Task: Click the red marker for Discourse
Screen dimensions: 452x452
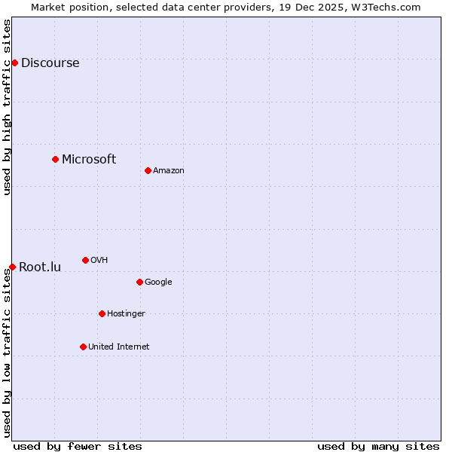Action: pyautogui.click(x=14, y=63)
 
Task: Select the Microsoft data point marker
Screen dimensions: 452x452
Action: pyautogui.click(x=55, y=159)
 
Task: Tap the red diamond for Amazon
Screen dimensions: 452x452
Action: pyautogui.click(x=148, y=170)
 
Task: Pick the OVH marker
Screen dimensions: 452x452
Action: pyautogui.click(x=85, y=260)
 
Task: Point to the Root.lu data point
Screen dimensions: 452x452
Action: pyautogui.click(x=12, y=267)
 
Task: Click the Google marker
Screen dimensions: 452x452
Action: pyautogui.click(x=139, y=282)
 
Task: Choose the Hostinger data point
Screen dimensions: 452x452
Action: pyautogui.click(x=102, y=313)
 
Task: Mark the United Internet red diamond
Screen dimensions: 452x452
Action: pyautogui.click(x=83, y=347)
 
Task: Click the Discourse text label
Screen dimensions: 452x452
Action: pyautogui.click(x=50, y=63)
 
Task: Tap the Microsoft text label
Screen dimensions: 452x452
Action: pyautogui.click(x=89, y=159)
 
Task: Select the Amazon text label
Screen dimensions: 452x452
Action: pyautogui.click(x=169, y=171)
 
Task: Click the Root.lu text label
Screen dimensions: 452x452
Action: pyautogui.click(x=40, y=267)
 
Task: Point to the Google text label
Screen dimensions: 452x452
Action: pyautogui.click(x=158, y=282)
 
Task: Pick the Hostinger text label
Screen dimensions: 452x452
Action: pyautogui.click(x=126, y=314)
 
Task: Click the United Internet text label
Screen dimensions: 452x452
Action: pyautogui.click(x=119, y=347)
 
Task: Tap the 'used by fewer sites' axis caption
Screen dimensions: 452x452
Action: pyautogui.click(x=78, y=446)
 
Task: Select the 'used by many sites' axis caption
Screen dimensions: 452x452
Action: pyautogui.click(x=378, y=446)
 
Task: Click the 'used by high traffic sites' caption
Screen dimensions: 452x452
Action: pyautogui.click(x=8, y=107)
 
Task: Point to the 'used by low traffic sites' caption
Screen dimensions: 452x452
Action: pyautogui.click(x=8, y=353)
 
